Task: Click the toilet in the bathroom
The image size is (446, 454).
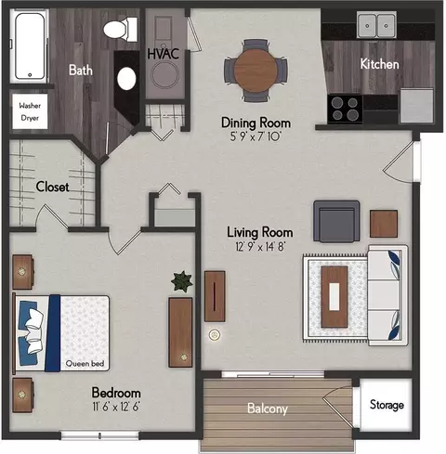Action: click(120, 30)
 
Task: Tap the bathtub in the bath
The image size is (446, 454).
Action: click(30, 45)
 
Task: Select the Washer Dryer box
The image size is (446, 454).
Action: click(30, 111)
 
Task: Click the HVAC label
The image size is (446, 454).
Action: click(164, 54)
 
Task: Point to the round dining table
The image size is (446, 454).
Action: click(256, 71)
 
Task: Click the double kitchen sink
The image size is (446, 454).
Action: click(376, 25)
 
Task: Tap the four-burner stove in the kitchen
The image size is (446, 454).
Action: click(345, 110)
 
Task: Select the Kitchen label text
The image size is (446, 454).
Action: click(379, 64)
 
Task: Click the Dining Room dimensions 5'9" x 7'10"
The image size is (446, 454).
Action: click(256, 136)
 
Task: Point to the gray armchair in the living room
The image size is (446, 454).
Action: click(336, 221)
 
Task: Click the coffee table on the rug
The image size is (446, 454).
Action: click(334, 297)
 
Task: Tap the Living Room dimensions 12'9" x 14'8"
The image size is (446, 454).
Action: click(260, 247)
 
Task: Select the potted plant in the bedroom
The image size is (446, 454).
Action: click(182, 281)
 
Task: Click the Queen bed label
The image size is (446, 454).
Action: click(85, 364)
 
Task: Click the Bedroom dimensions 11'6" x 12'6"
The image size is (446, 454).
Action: click(116, 407)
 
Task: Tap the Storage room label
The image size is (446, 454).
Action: click(387, 405)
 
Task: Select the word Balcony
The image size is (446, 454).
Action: click(268, 409)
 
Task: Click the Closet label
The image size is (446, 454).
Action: click(52, 187)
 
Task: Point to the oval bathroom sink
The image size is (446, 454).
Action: click(126, 79)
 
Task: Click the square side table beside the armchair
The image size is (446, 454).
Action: click(384, 224)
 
